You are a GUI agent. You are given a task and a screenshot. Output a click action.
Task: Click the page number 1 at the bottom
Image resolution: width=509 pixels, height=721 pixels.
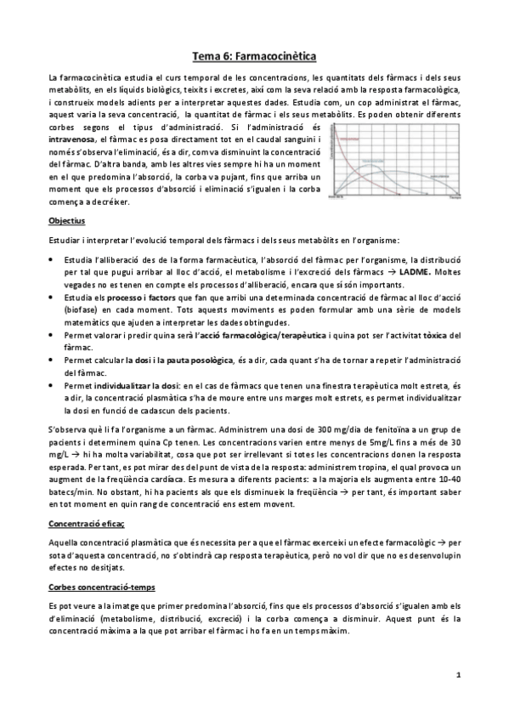457,675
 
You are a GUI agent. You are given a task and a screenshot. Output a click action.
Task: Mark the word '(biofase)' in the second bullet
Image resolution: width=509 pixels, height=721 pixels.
82,311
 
